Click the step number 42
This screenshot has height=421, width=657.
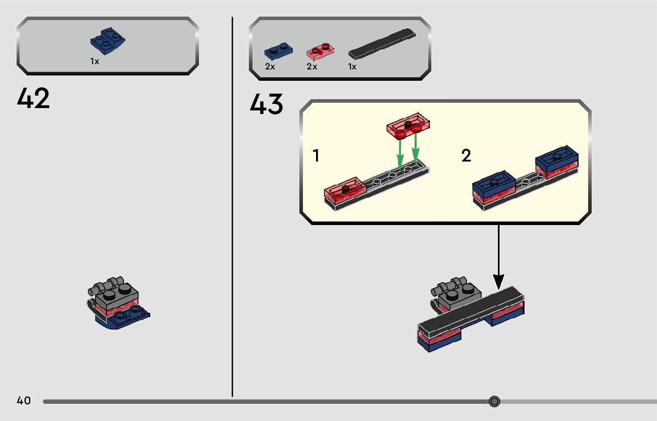(34, 98)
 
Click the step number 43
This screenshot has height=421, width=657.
(267, 105)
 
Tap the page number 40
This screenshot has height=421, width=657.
(24, 401)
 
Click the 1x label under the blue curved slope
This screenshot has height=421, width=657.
(95, 61)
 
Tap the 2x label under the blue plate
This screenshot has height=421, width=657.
(270, 67)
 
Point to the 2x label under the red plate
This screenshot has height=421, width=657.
(312, 67)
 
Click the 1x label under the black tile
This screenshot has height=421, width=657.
(352, 67)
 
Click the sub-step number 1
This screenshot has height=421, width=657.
(316, 156)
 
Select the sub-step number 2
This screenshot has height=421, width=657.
(466, 156)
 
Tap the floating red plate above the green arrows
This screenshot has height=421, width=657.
(409, 125)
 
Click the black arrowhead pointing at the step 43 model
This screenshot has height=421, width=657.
(498, 280)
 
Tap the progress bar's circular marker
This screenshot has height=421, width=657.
(494, 401)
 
